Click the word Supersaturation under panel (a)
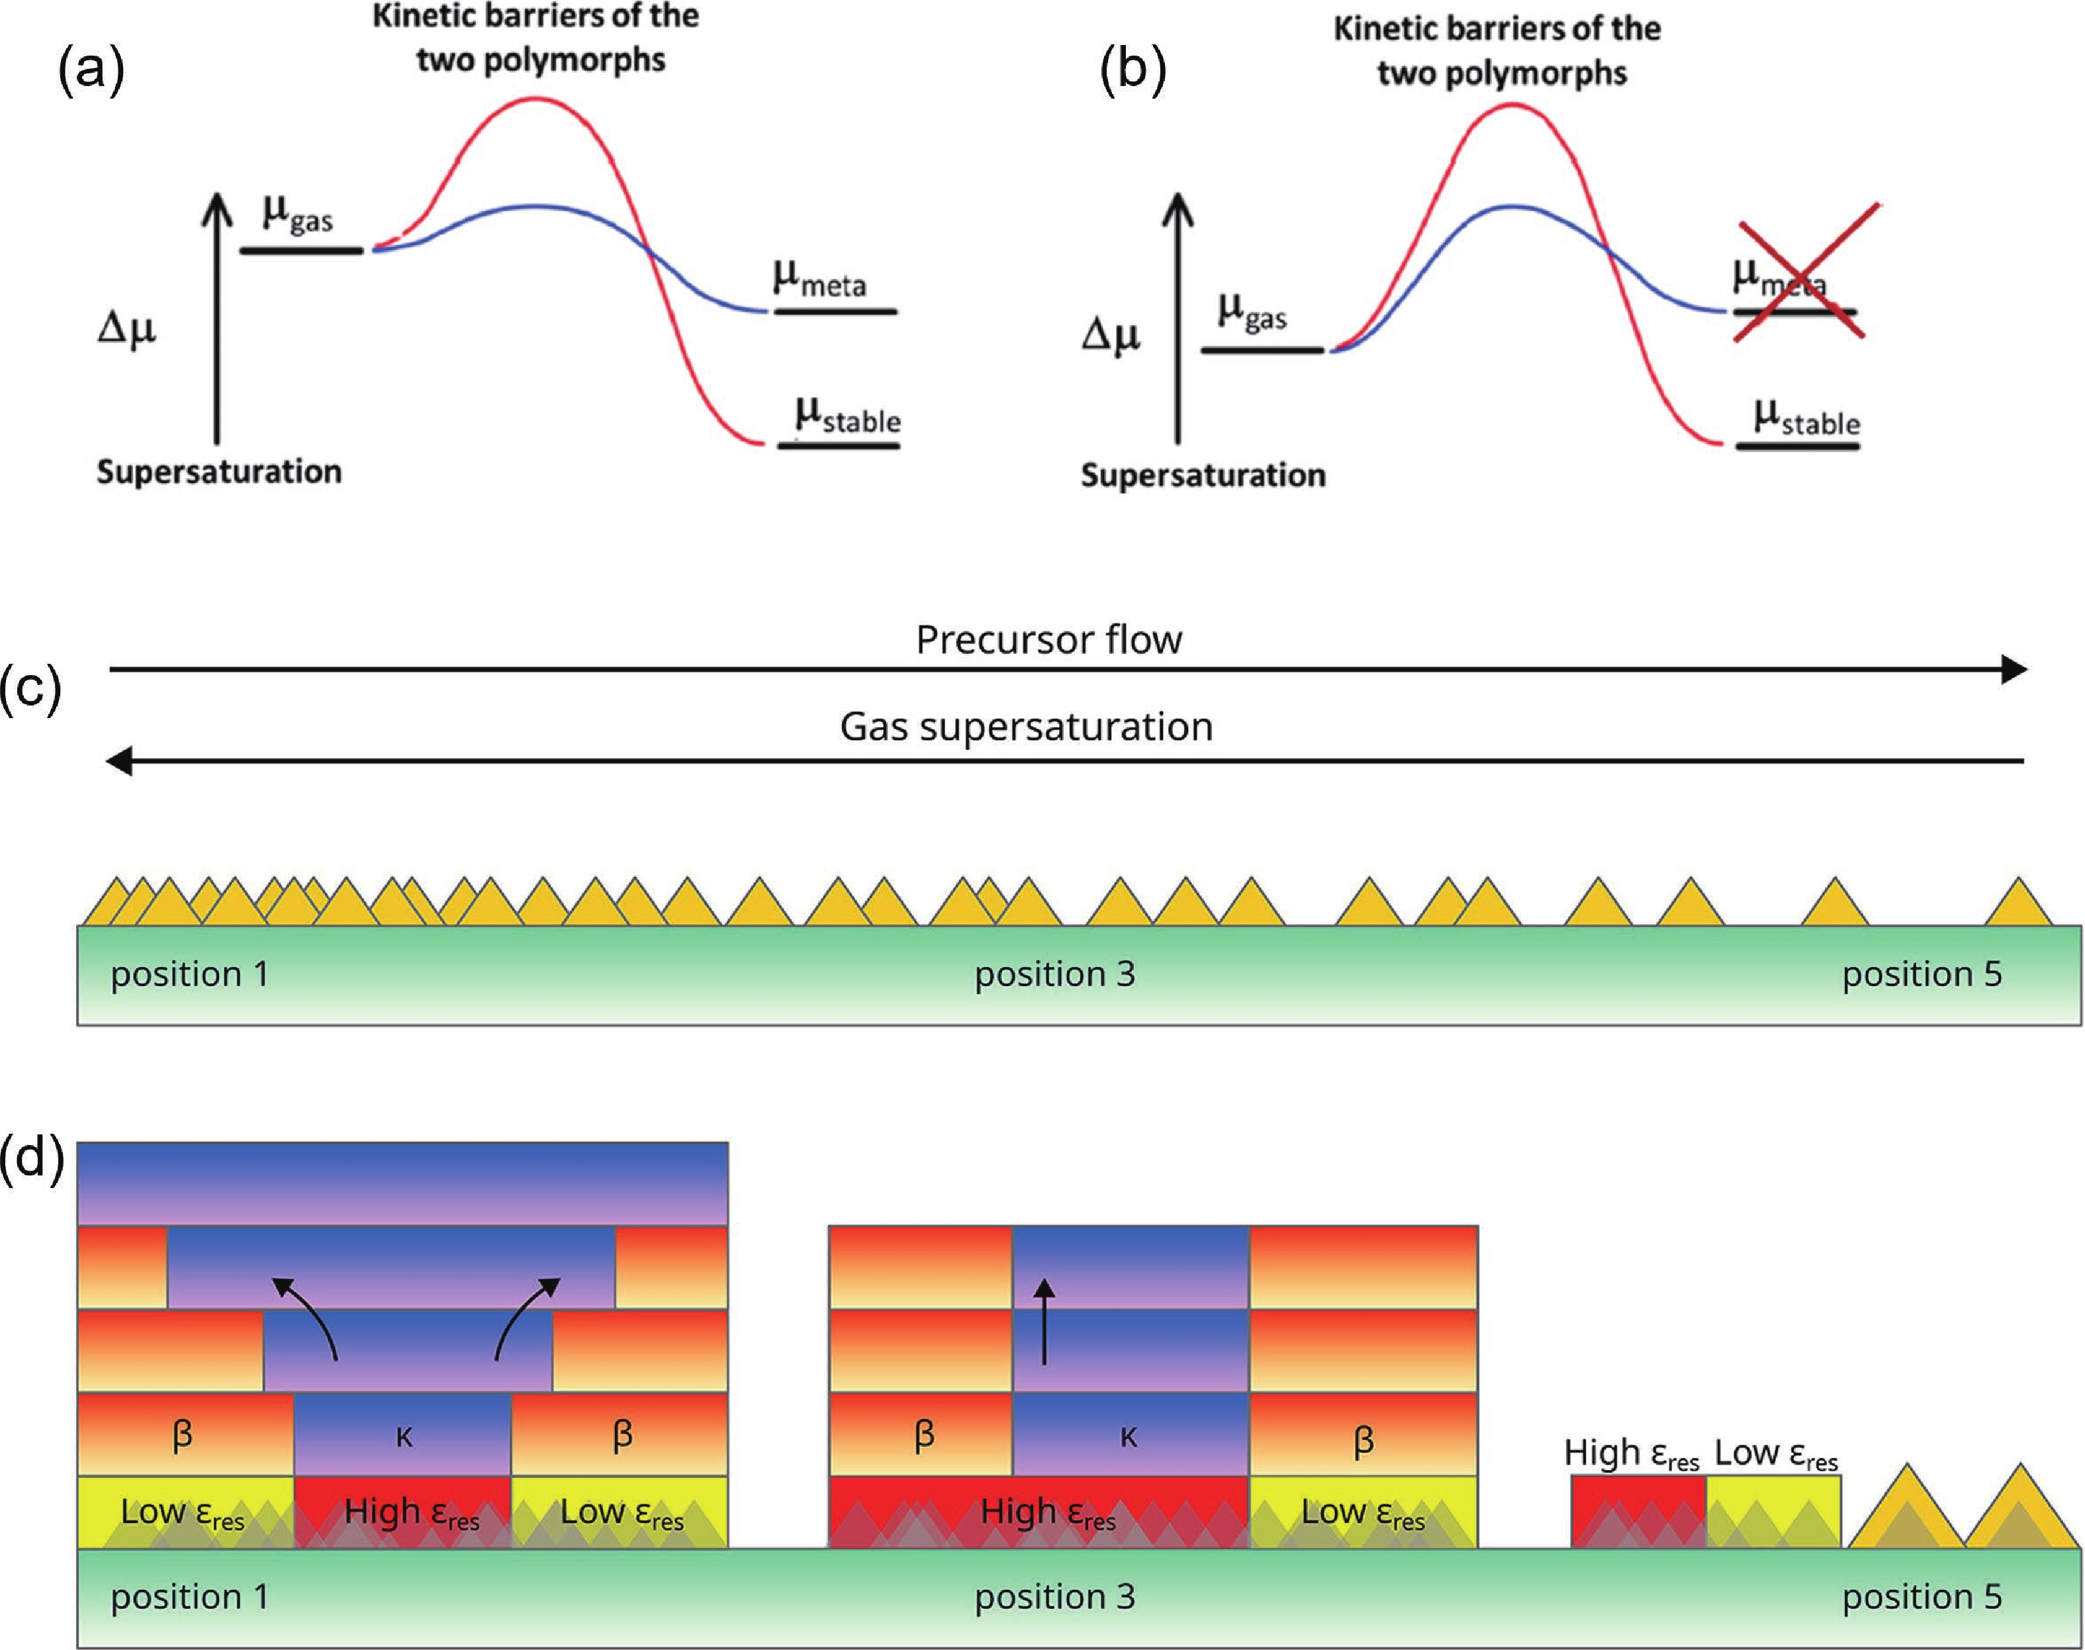[219, 471]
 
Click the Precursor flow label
[1048, 639]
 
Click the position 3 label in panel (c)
[1054, 974]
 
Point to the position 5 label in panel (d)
[1922, 1597]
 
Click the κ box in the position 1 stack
[403, 1435]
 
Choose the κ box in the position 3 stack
[1131, 1435]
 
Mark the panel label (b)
[1133, 71]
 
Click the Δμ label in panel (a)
[126, 330]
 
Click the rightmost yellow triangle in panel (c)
[2018, 901]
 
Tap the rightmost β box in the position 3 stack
[1364, 1435]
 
